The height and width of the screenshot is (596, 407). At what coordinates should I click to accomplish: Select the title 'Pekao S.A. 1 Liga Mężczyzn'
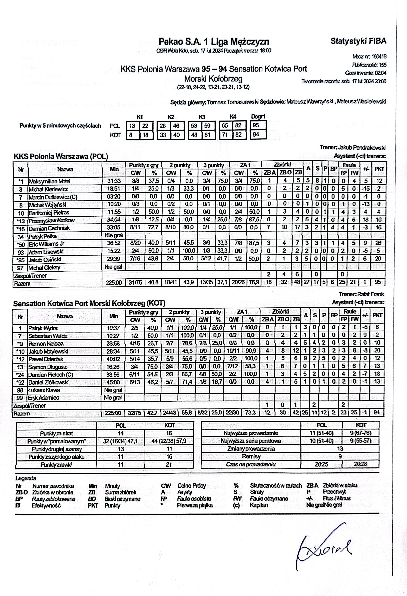[x=214, y=42]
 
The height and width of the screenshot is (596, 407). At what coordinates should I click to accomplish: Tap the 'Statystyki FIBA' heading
[x=358, y=41]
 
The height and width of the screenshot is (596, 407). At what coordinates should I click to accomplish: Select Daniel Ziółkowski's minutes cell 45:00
[x=113, y=382]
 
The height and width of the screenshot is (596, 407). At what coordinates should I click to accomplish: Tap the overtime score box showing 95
[x=256, y=125]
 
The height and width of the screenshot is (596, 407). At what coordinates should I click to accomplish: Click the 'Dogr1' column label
[x=258, y=117]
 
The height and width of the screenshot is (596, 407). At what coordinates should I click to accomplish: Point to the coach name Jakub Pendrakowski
[x=362, y=148]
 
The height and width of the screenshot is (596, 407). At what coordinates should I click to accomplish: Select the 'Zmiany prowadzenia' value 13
[x=340, y=449]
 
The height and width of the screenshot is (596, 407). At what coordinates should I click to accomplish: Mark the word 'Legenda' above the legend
[x=26, y=478]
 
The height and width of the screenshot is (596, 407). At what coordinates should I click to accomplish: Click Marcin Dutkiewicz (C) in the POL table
[x=53, y=197]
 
